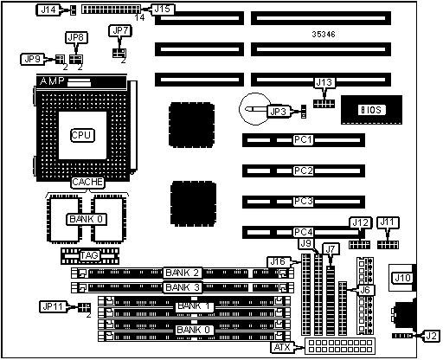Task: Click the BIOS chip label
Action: (x=371, y=110)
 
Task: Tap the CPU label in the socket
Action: (x=82, y=135)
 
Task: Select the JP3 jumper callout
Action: (x=279, y=112)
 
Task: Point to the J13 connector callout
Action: (x=324, y=83)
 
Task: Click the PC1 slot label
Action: (x=304, y=140)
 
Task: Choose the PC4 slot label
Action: (x=304, y=232)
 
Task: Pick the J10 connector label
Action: (x=402, y=278)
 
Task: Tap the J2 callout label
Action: (x=432, y=336)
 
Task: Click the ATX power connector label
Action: (x=282, y=347)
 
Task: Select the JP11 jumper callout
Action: (x=53, y=306)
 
